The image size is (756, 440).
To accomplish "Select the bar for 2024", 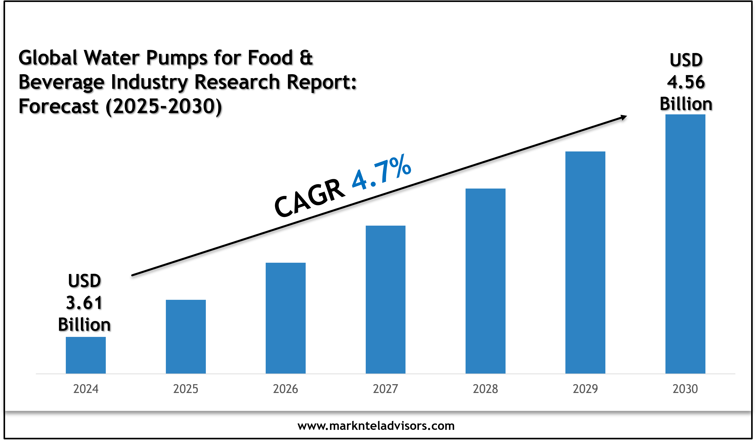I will [86, 355].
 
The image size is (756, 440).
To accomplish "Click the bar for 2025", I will [186, 336].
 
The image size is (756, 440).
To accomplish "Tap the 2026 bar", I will [286, 318].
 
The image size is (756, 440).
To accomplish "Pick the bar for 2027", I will [385, 299].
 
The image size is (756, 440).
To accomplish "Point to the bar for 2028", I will [485, 281].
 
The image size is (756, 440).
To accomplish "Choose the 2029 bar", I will [585, 262].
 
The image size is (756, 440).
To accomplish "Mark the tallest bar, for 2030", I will [685, 244].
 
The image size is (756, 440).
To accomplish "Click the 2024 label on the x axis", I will [86, 389].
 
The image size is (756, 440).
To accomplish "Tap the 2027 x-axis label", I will [385, 389].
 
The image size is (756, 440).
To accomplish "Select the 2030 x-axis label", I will [685, 389].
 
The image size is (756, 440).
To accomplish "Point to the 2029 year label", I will [585, 389].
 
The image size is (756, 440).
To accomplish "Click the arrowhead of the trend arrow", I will [624, 117].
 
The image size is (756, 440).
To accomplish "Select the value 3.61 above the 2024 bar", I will [84, 303].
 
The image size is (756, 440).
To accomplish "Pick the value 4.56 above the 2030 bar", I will [686, 82].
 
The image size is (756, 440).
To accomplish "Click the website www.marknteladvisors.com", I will [376, 426].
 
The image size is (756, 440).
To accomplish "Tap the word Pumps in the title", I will [177, 58].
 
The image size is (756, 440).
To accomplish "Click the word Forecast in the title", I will [59, 106].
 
